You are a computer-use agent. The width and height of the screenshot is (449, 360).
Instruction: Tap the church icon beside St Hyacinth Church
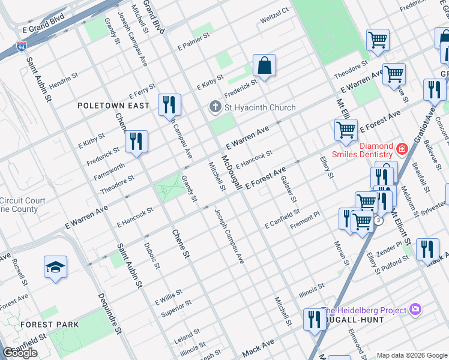point(215,107)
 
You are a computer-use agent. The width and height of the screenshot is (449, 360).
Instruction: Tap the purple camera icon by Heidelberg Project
point(415,310)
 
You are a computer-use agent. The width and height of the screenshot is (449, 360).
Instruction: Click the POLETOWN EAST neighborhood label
point(113,106)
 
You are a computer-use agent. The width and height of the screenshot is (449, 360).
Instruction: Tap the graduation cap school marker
point(55,267)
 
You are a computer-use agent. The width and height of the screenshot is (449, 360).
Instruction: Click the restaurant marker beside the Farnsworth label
point(137,142)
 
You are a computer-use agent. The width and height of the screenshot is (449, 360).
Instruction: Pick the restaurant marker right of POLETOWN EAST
point(169,105)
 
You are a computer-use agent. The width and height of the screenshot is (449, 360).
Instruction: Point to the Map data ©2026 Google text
point(412,355)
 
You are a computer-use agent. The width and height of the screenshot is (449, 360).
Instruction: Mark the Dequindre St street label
point(110,310)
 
